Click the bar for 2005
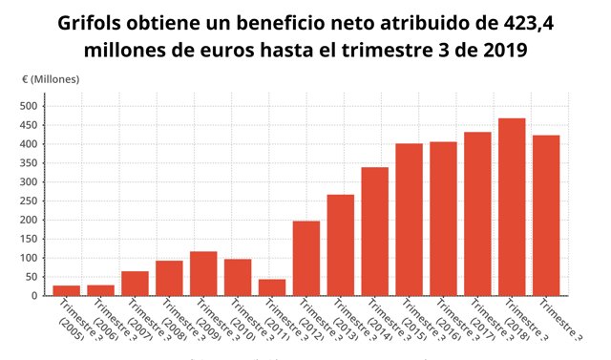tap(66, 290)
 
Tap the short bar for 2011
tap(272, 287)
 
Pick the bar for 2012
tap(306, 258)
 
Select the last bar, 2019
tap(546, 216)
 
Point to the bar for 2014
tap(375, 231)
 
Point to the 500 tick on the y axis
tap(27, 106)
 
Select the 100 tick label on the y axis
tap(27, 258)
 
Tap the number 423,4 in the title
tap(524, 21)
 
